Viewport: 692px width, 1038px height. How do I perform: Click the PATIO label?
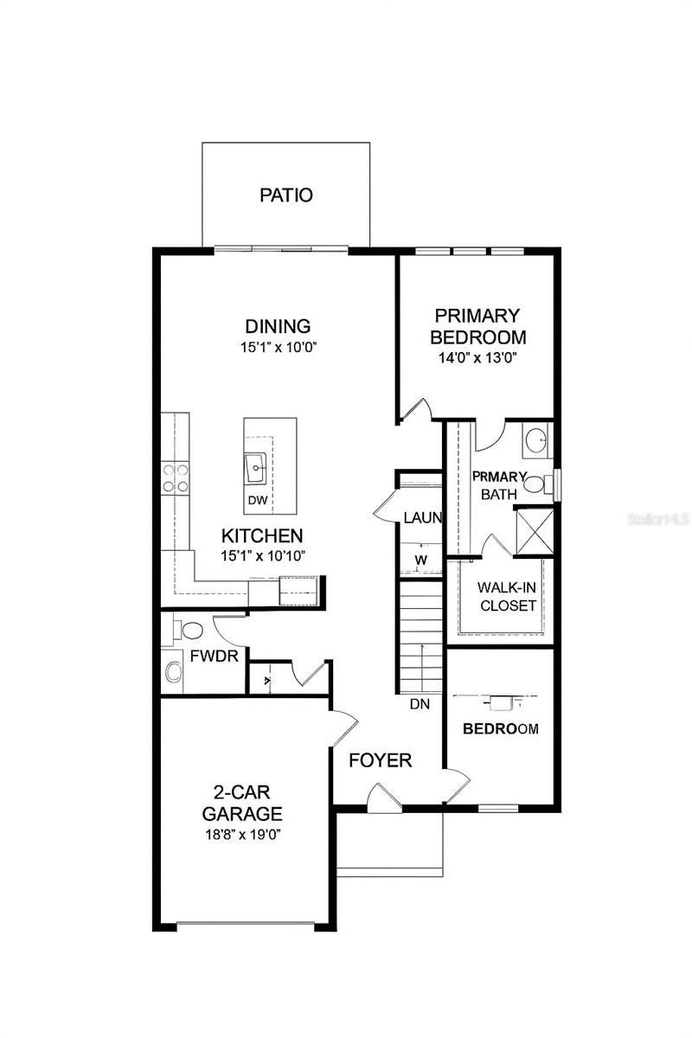286,195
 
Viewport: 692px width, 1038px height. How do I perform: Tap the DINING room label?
278,327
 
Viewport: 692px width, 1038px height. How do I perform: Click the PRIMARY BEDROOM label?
478,326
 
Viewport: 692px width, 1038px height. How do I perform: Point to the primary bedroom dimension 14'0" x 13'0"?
478,356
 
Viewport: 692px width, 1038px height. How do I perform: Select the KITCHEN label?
261,535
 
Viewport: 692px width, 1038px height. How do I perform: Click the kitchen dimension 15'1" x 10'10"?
261,556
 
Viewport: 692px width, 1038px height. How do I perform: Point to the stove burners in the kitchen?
177,479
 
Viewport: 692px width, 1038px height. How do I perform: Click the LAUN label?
423,518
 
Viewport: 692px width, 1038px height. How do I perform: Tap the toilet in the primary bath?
538,483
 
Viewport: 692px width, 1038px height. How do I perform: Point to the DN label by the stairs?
420,704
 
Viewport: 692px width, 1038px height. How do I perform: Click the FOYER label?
380,760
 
